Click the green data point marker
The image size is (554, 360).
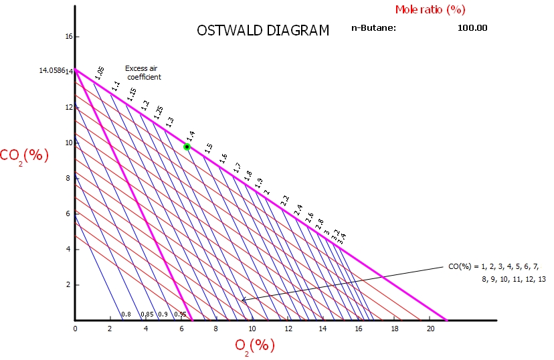coord(187,147)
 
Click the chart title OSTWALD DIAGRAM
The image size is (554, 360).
coord(263,31)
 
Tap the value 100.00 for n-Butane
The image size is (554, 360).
coord(472,28)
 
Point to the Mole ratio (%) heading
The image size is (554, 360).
coord(430,9)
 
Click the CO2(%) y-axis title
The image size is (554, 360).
coord(25,155)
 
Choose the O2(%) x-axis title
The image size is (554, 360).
coord(255,345)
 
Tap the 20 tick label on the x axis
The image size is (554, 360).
coord(430,329)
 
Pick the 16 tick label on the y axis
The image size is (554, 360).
coord(68,37)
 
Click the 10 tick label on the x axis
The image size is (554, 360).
coord(252,329)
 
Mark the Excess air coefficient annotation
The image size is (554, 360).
coord(144,72)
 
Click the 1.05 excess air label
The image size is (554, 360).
coord(100,73)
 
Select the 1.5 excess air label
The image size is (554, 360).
coord(209,148)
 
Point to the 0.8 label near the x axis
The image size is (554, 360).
coord(126,314)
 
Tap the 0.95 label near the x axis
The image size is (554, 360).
coord(180,314)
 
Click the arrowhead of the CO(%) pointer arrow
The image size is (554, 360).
coord(243,300)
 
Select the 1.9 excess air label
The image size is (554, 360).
coord(259,181)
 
